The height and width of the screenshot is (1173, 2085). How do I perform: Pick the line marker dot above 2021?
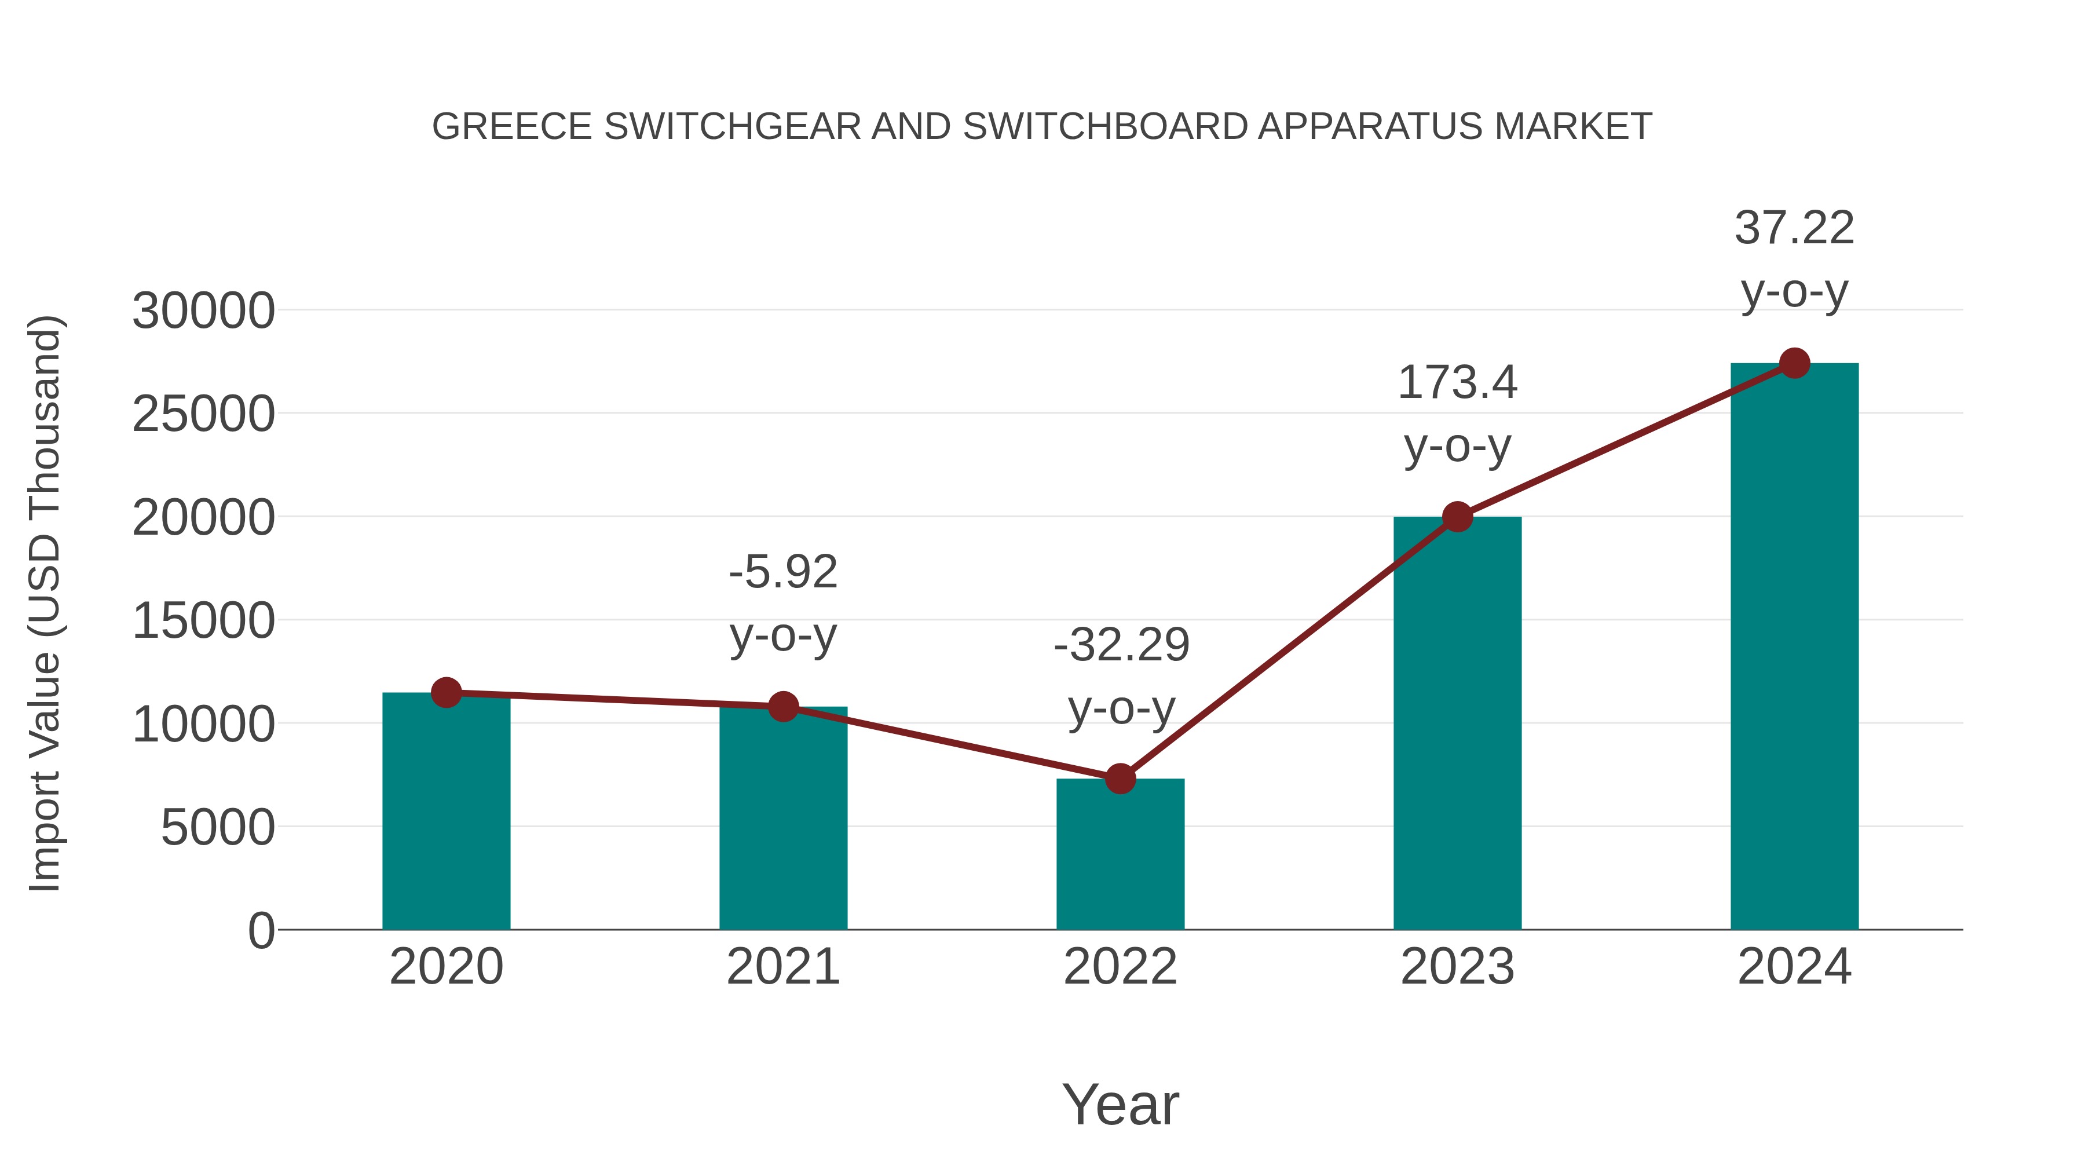coord(782,707)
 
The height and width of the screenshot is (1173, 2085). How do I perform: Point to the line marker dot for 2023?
coord(1457,517)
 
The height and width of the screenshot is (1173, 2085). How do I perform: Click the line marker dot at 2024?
coord(1794,363)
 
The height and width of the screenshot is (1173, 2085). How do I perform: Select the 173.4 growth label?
coord(1457,382)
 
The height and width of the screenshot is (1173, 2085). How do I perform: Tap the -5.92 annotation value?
coord(782,572)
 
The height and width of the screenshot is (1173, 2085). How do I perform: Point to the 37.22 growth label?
coord(1794,228)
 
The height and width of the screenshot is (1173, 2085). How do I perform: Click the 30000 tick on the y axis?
coord(203,311)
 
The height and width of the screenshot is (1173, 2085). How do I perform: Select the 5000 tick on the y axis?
coord(217,827)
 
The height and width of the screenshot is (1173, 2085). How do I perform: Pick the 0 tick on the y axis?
coord(261,930)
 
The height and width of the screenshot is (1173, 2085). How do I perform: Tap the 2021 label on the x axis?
coord(782,967)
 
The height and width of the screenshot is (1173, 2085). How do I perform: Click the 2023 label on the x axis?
coord(1457,967)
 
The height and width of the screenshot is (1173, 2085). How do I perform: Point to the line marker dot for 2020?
coord(446,692)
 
